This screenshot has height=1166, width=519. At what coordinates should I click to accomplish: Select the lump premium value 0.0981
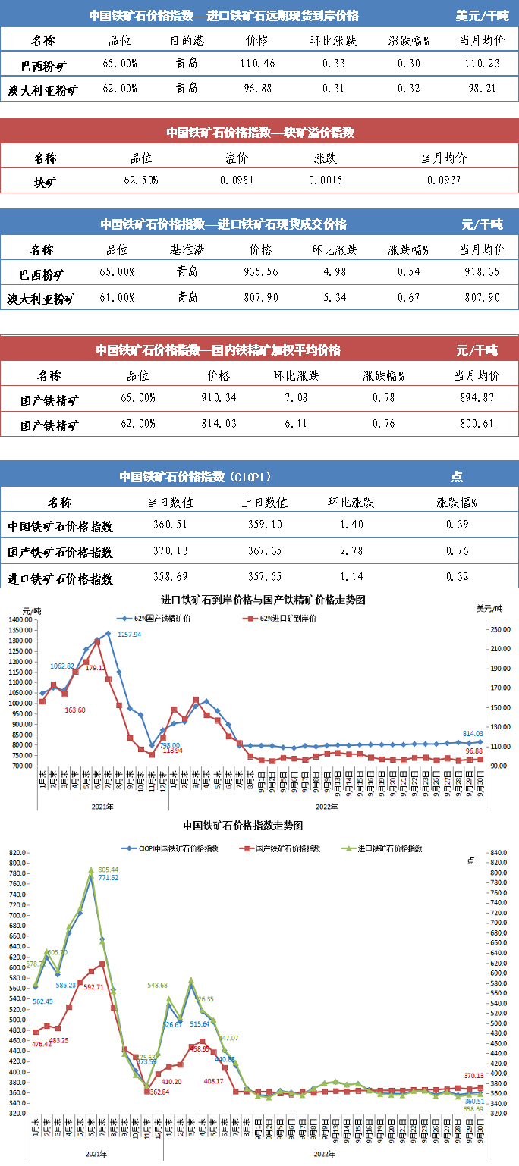tap(237, 180)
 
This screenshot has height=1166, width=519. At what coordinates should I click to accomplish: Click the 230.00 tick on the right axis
tap(498, 629)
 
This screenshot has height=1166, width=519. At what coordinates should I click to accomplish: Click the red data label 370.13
tap(473, 1077)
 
